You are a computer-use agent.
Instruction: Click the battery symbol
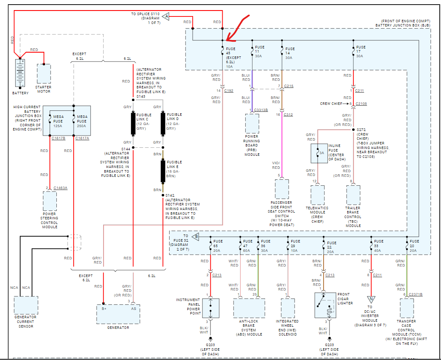coord(20,73)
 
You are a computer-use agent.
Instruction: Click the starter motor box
coord(44,74)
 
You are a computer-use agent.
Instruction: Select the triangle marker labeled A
coord(166,16)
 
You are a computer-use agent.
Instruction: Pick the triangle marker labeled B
coord(196,237)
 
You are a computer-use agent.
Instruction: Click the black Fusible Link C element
coord(133,123)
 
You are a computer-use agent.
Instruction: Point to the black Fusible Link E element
coord(163,171)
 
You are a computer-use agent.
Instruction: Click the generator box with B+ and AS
coord(118,314)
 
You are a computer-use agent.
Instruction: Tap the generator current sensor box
coord(26,305)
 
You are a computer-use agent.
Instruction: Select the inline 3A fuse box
coord(319,153)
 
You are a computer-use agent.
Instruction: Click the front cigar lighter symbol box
coord(325,305)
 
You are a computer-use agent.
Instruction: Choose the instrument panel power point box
coord(211,308)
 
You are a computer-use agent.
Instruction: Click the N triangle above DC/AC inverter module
coord(371,299)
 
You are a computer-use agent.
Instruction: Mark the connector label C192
coord(228,91)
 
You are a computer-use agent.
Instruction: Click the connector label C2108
coord(361,104)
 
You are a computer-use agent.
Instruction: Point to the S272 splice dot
coord(353,130)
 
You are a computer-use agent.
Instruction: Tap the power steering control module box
coord(50,201)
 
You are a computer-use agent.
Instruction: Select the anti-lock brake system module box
coord(249,308)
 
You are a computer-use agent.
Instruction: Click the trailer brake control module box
coord(353,195)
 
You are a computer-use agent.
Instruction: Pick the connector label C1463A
coord(61,188)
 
